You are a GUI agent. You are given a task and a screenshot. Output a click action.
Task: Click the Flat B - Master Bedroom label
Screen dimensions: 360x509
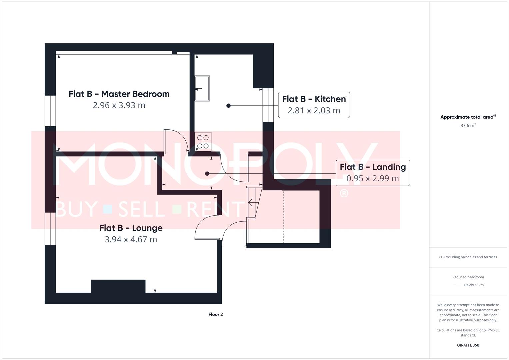(x=119, y=94)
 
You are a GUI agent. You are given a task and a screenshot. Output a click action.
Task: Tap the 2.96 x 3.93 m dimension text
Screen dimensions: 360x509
(x=119, y=105)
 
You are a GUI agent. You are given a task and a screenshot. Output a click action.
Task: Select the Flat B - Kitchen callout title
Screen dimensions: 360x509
(x=314, y=99)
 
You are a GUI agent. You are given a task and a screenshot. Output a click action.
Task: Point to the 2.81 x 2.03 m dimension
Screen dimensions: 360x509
(x=314, y=110)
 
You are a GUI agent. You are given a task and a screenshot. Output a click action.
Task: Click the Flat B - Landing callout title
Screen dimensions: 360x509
(x=373, y=167)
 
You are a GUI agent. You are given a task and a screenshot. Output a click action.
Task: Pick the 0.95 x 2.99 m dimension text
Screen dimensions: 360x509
(x=373, y=178)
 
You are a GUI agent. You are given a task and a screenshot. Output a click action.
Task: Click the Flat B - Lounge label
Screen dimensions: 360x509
(x=131, y=228)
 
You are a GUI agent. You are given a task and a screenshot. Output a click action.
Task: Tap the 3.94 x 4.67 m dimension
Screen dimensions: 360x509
(x=131, y=239)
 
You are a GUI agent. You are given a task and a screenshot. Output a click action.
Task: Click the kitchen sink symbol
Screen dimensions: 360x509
(x=202, y=88)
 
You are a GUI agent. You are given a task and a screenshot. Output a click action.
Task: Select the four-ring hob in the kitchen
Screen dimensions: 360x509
(x=203, y=142)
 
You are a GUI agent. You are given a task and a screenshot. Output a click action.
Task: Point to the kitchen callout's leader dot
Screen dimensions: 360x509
(x=228, y=106)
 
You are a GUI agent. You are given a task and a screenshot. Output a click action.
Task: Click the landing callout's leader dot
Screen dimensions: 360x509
(x=207, y=174)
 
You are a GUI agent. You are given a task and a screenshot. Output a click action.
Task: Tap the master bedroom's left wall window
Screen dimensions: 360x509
(x=50, y=111)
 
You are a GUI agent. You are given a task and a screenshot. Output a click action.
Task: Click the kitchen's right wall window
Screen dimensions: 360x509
(x=268, y=105)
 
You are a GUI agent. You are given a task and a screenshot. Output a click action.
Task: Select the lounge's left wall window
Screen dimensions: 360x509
(x=50, y=228)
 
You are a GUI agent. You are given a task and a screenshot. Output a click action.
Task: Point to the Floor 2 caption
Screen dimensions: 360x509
(x=215, y=314)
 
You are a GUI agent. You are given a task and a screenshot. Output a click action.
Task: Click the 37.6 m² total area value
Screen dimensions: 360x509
(x=468, y=126)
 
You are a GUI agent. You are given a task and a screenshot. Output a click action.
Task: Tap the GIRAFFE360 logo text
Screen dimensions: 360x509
(x=468, y=345)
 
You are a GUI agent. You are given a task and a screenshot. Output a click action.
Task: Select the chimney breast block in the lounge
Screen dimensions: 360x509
(x=118, y=286)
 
